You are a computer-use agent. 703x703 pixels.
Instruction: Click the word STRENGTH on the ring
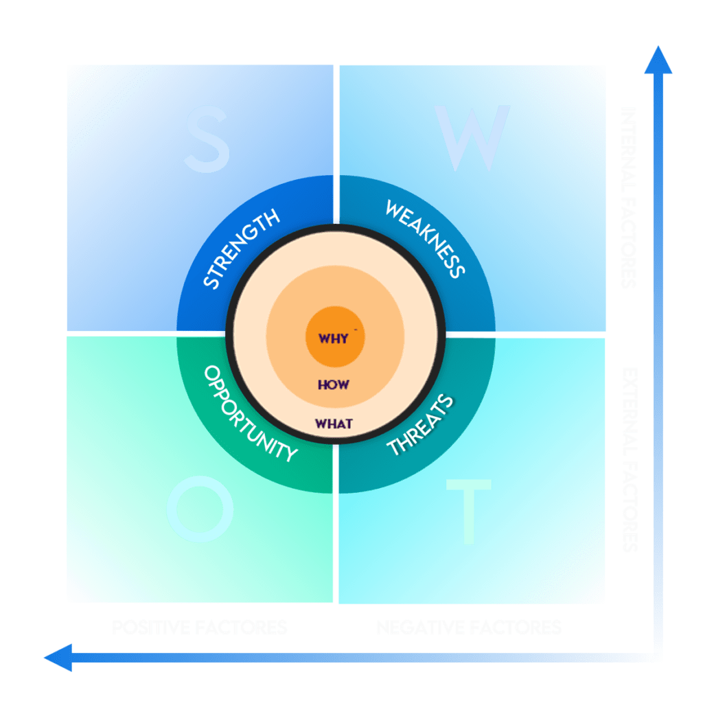(242, 249)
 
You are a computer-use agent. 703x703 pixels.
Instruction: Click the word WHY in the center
(334, 338)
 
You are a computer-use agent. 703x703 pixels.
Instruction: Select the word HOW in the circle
(334, 384)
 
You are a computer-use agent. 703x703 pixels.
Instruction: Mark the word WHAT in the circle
(334, 424)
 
